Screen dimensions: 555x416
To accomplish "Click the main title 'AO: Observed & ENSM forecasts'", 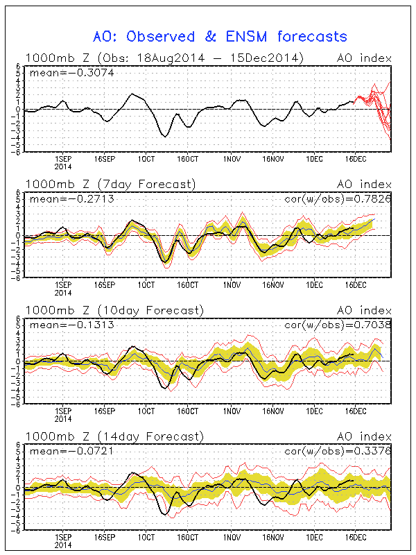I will (220, 36).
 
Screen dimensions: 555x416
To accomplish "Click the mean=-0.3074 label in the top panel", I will (60, 71).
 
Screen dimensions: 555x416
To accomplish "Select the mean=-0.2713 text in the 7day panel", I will (60, 198).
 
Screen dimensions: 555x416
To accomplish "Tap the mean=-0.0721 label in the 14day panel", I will (60, 451).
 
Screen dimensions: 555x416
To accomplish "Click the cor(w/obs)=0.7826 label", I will (339, 198).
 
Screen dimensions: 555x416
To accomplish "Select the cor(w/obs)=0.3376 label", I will (339, 451).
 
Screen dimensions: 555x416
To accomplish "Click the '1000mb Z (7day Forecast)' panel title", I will (110, 184).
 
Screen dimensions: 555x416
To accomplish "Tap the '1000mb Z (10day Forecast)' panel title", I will (114, 310).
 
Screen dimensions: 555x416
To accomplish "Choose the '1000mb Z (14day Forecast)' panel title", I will (114, 436).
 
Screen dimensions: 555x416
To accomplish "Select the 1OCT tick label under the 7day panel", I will (146, 285).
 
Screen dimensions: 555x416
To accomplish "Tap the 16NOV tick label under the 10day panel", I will (272, 411).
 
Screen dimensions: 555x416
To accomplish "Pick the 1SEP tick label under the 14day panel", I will (63, 538).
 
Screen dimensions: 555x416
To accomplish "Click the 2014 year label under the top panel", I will (63, 166).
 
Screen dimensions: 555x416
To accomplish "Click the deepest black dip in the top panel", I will (164, 136).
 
